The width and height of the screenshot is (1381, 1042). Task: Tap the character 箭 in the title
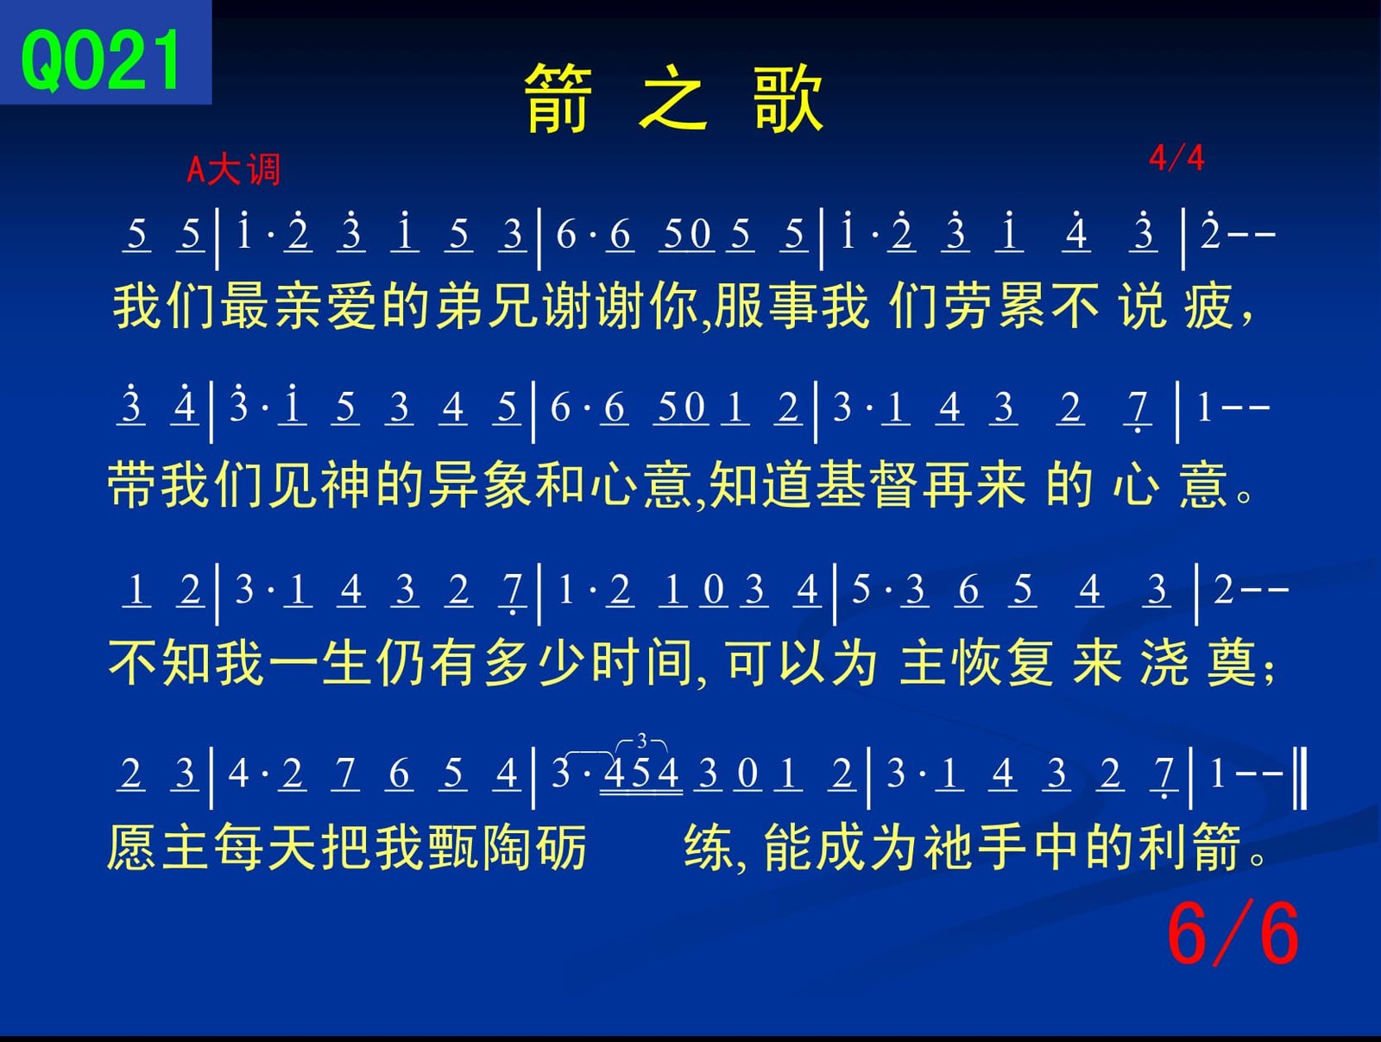pyautogui.click(x=558, y=98)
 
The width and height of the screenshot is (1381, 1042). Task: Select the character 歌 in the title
pyautogui.click(x=788, y=98)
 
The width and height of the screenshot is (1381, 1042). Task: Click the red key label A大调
pyautogui.click(x=233, y=170)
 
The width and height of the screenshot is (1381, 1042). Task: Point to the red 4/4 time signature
pyautogui.click(x=1176, y=158)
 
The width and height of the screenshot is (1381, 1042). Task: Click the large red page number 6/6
pyautogui.click(x=1233, y=933)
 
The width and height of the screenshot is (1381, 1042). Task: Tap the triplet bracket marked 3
pyautogui.click(x=641, y=742)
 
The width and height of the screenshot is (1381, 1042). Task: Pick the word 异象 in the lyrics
pyautogui.click(x=481, y=484)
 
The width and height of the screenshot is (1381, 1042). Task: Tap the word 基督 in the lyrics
pyautogui.click(x=868, y=484)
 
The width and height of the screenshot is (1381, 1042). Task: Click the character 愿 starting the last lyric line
pyautogui.click(x=131, y=847)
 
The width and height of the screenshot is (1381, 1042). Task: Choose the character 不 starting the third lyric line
pyautogui.click(x=134, y=663)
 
